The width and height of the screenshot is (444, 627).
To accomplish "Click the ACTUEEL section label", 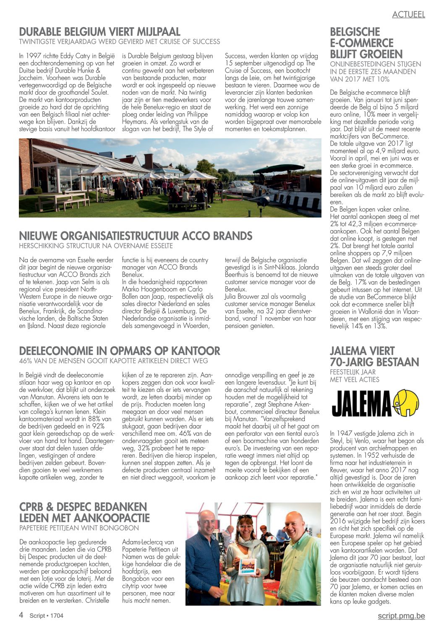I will point(408,14).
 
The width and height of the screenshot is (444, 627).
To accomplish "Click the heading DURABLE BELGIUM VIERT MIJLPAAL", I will point(100,32).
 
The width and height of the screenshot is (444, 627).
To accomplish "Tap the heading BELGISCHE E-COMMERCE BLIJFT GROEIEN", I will point(366,43).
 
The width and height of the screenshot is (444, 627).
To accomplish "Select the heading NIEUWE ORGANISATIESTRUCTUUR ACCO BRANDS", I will point(136,236).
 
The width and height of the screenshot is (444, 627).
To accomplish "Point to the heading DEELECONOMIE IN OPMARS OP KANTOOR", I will point(120,351).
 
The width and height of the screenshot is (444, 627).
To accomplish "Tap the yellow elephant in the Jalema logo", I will point(406,403).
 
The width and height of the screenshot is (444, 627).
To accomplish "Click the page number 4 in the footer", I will point(21,615).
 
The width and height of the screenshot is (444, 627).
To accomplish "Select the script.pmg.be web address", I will point(401,616).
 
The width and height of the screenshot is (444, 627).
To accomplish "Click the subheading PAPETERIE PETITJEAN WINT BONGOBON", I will point(79,528).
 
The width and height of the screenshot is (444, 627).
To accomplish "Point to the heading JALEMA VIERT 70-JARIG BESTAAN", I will point(374,356).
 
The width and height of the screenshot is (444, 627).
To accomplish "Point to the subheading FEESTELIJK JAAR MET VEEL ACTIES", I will point(355,376).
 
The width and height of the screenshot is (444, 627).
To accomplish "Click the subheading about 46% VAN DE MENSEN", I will point(113,360).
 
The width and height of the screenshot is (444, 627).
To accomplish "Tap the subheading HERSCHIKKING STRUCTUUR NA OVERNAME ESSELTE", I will point(96,246).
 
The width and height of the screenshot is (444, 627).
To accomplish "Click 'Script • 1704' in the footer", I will point(46,616).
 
